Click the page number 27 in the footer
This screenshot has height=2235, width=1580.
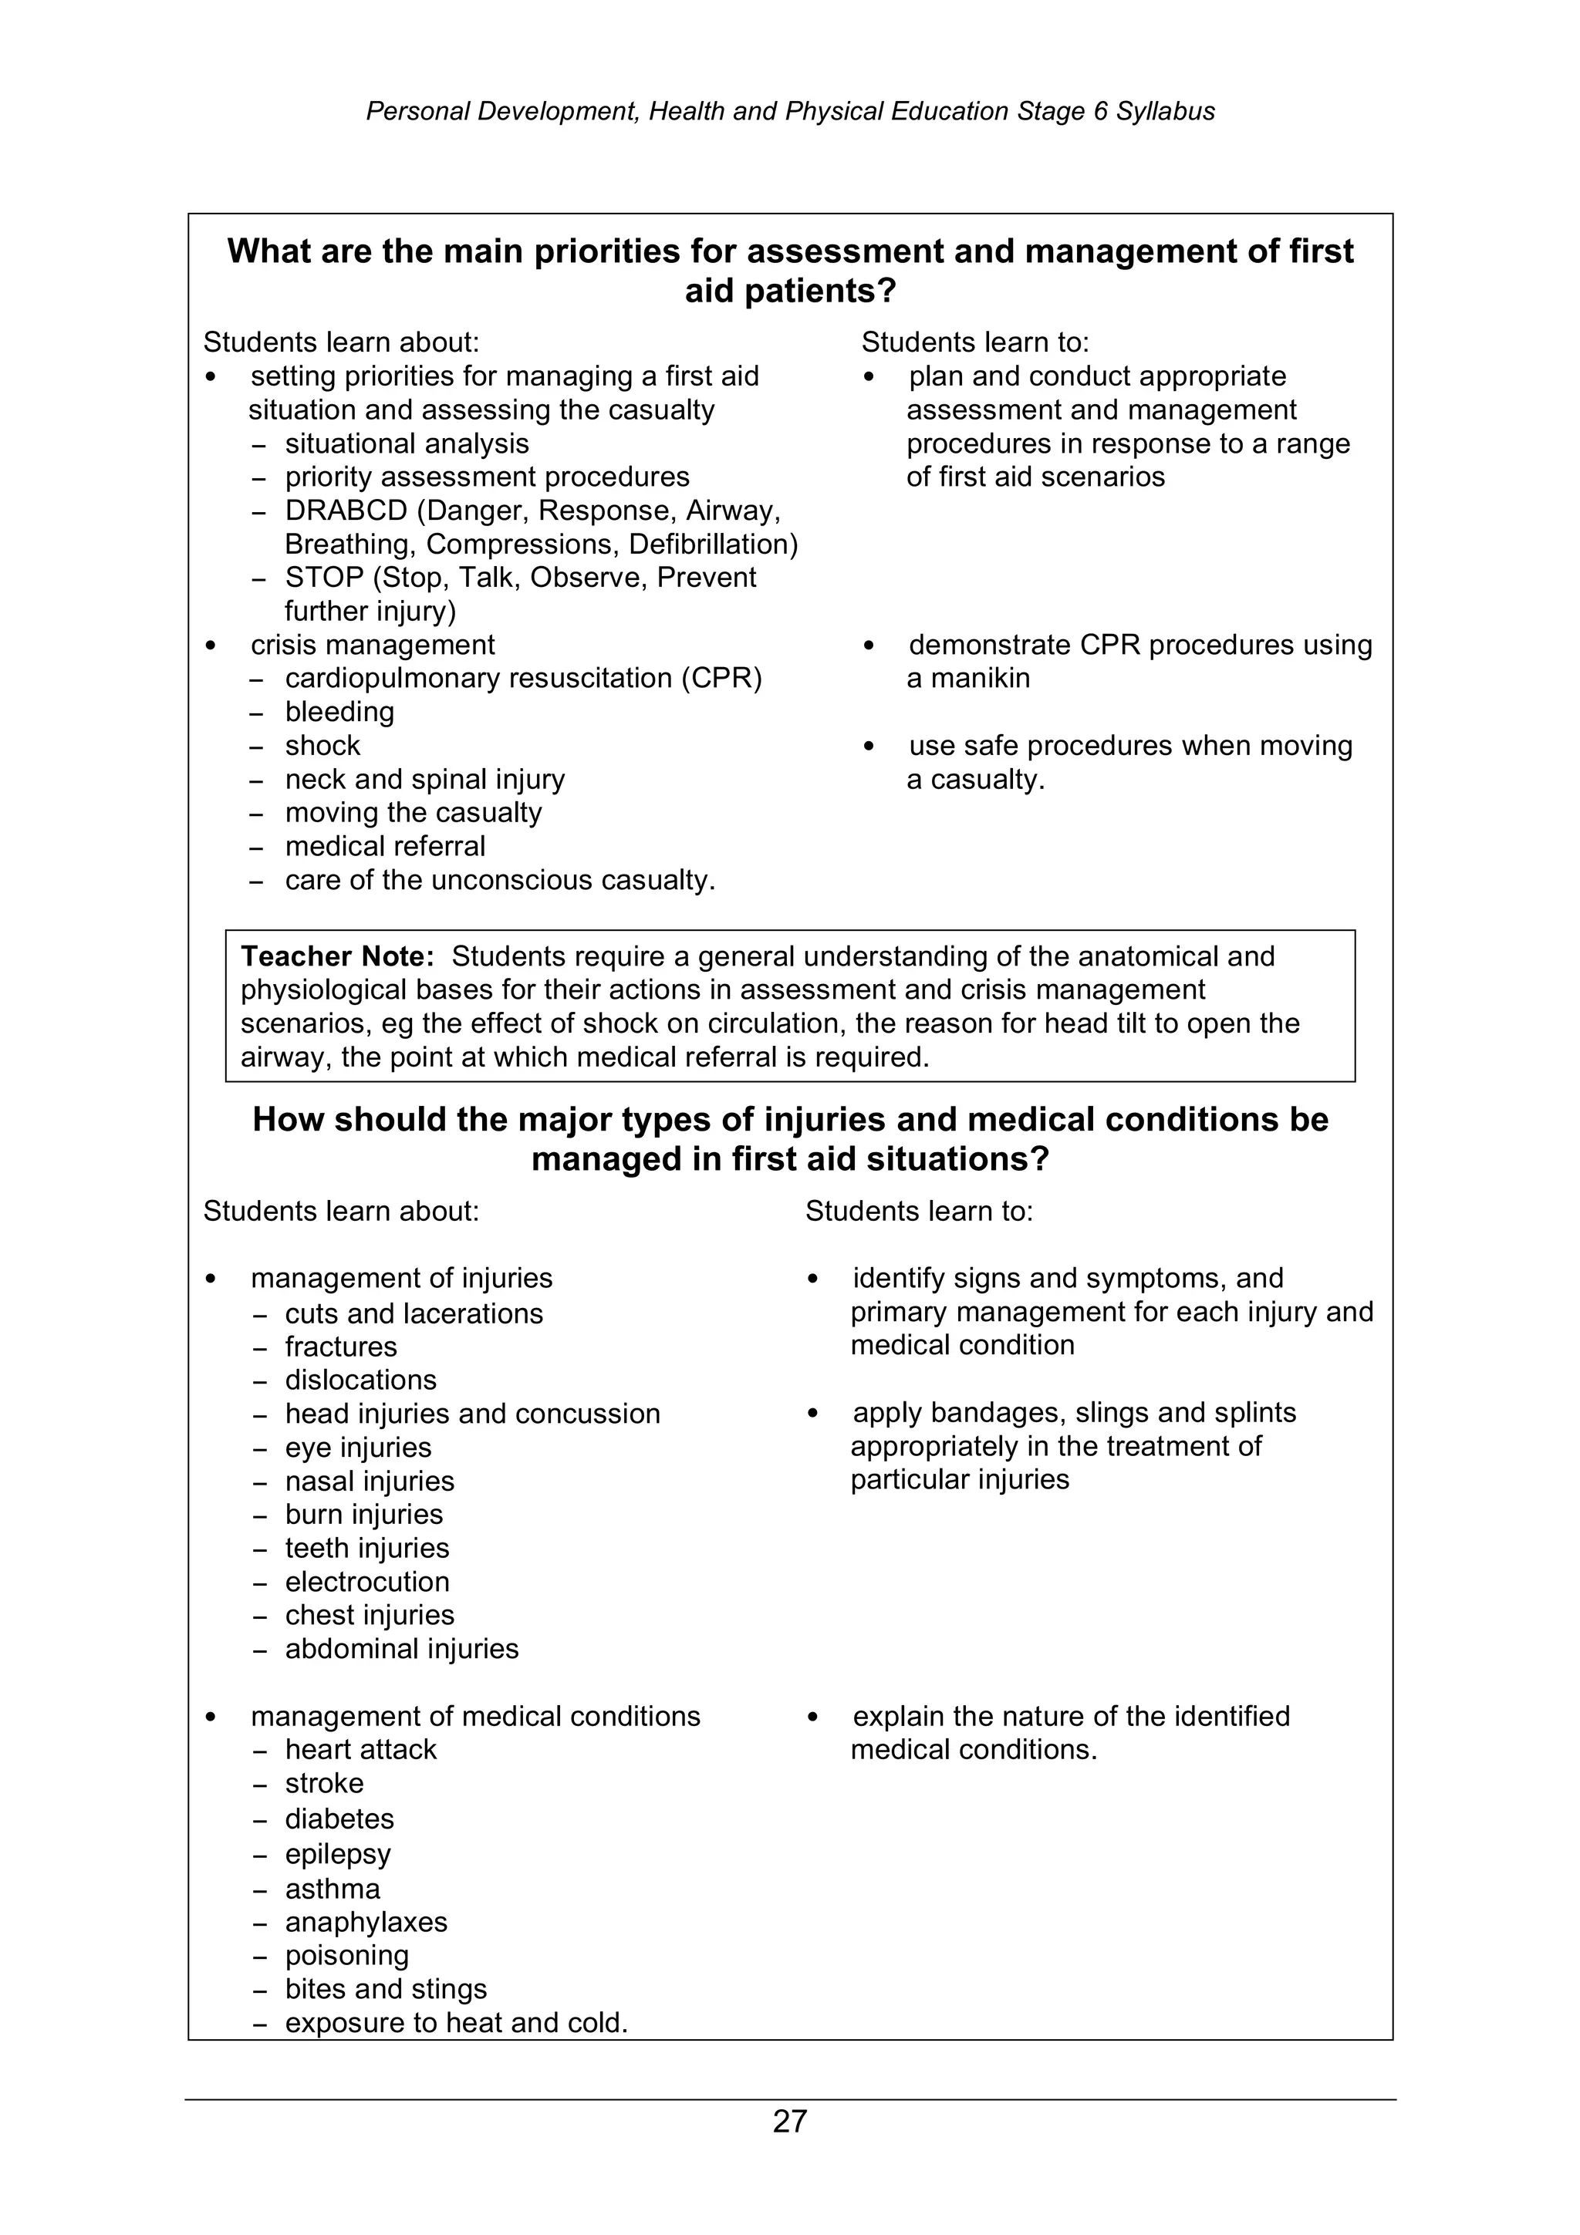click(x=789, y=2120)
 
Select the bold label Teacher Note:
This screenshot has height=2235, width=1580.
click(x=337, y=957)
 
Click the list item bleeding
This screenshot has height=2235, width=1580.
click(x=339, y=712)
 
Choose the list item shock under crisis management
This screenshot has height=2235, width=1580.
click(x=322, y=746)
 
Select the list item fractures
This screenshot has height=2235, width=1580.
click(x=341, y=1347)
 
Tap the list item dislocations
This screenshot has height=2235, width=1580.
click(x=360, y=1380)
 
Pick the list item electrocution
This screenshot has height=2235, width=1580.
click(x=367, y=1582)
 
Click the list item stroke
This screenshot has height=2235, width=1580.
click(x=324, y=1783)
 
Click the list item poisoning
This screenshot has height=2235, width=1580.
click(x=346, y=1956)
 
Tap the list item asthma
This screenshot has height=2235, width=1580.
click(x=332, y=1889)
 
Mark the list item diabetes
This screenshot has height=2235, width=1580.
click(x=339, y=1819)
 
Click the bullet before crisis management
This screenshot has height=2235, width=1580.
click(x=211, y=646)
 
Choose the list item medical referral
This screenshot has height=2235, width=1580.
click(x=384, y=847)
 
